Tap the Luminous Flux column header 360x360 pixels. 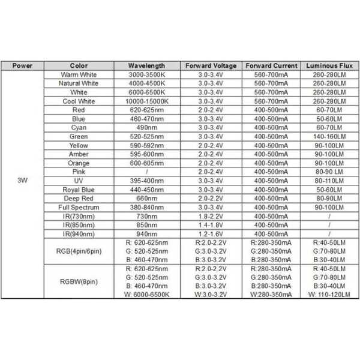pyautogui.click(x=329, y=65)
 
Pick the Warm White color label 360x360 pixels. pyautogui.click(x=79, y=74)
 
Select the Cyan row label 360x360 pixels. pyautogui.click(x=79, y=128)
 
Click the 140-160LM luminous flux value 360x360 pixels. pyautogui.click(x=329, y=137)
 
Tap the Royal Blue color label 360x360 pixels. pyautogui.click(x=79, y=190)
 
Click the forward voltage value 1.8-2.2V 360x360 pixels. pyautogui.click(x=210, y=216)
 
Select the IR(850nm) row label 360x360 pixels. pyautogui.click(x=79, y=225)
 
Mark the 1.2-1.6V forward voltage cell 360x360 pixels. pyautogui.click(x=210, y=234)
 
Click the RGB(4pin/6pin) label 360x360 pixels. pyautogui.click(x=79, y=252)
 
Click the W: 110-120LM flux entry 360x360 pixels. pyautogui.click(x=329, y=295)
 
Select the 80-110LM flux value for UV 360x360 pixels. pyautogui.click(x=329, y=181)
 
